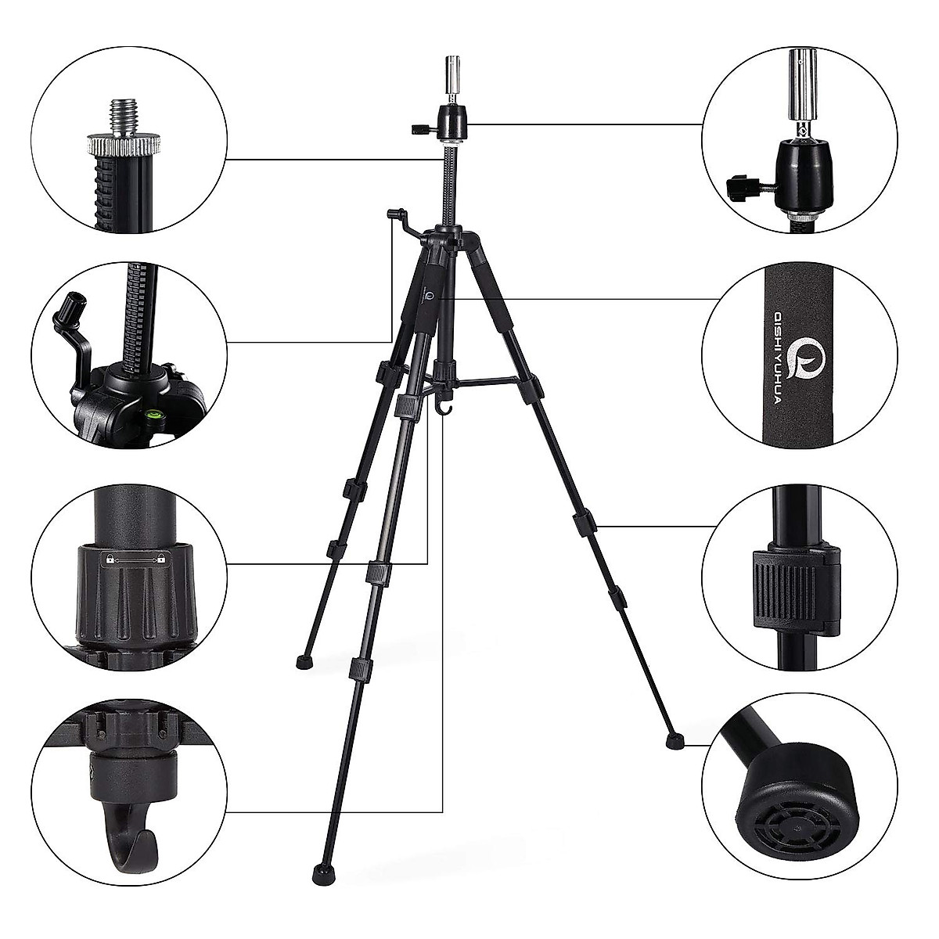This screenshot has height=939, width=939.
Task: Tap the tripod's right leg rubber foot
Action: coord(672,738)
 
